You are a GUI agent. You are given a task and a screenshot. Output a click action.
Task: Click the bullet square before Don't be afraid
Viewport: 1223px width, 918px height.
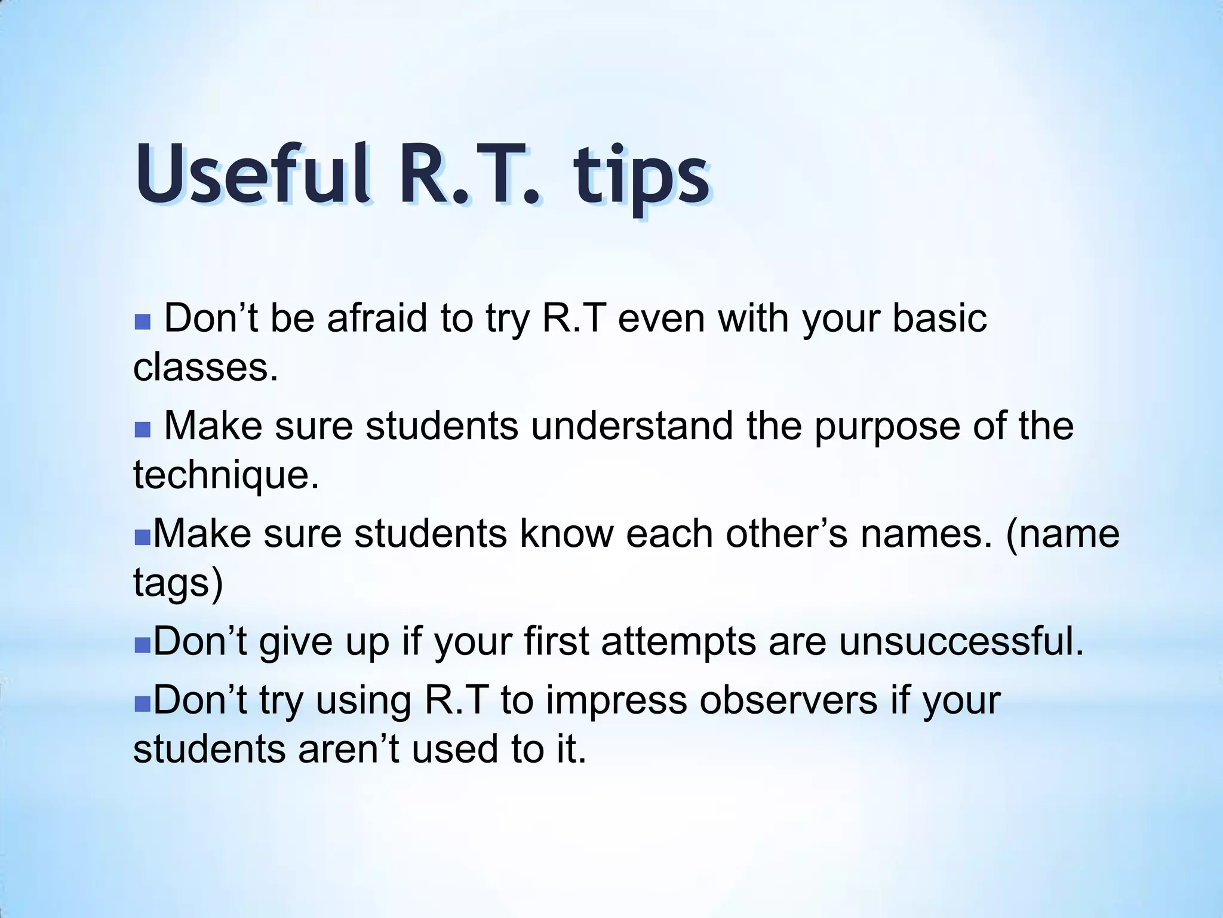tap(142, 323)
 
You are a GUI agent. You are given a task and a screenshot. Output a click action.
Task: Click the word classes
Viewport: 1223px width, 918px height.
tap(205, 366)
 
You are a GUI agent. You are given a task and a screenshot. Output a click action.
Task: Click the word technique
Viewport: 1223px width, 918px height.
tap(226, 475)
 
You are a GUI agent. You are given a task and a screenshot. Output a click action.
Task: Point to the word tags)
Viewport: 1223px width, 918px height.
tap(178, 582)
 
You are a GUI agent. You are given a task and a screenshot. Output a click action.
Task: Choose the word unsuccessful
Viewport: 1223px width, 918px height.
tap(961, 641)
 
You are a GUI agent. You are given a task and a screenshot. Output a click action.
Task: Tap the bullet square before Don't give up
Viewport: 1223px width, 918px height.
tap(142, 646)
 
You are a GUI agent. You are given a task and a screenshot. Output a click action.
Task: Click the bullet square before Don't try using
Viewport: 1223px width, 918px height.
tap(142, 706)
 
